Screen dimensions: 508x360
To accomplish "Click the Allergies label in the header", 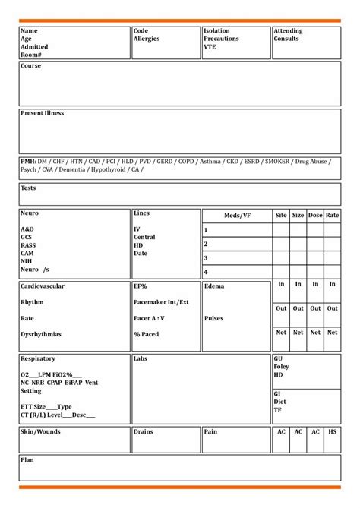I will (147, 39).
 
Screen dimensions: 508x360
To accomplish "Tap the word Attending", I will (288, 31).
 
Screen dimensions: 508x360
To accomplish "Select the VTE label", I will (210, 46).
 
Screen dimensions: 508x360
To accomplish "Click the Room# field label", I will (31, 54).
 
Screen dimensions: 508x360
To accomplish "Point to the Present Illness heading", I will (42, 113).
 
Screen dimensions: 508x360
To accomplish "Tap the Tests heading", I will (28, 188).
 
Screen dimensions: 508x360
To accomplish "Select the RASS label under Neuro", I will (29, 245).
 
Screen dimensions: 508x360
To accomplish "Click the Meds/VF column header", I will (237, 216).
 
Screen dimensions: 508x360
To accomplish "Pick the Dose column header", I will (315, 216).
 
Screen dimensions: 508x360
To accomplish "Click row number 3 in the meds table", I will (206, 257).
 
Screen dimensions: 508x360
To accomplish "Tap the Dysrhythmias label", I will (41, 334).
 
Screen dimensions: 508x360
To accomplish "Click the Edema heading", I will (213, 286).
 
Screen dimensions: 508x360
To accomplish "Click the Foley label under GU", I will (282, 367).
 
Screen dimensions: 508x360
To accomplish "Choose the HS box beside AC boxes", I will (333, 431).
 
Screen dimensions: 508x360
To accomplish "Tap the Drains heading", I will (144, 431).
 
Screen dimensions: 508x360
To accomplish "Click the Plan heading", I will (27, 460).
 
